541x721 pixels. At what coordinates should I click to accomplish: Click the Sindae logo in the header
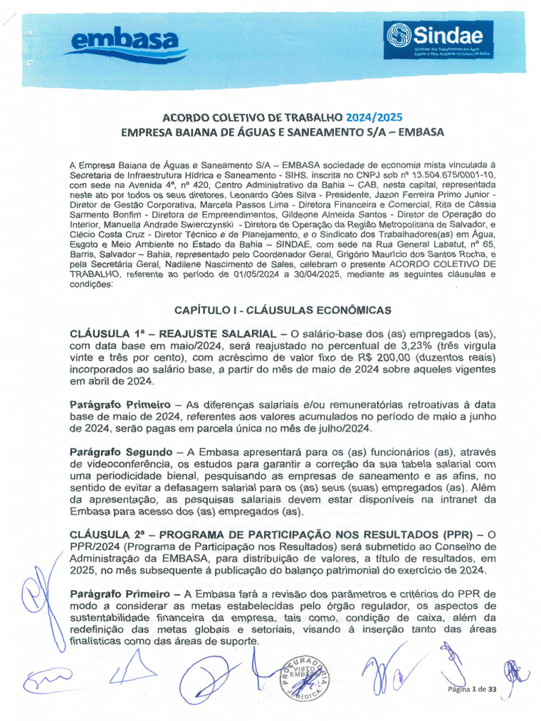(438, 39)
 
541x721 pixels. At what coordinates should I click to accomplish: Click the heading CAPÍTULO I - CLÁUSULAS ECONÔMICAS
(283, 310)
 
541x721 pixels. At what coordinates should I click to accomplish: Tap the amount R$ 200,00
(388, 357)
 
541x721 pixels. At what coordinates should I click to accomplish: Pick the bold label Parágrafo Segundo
(120, 451)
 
